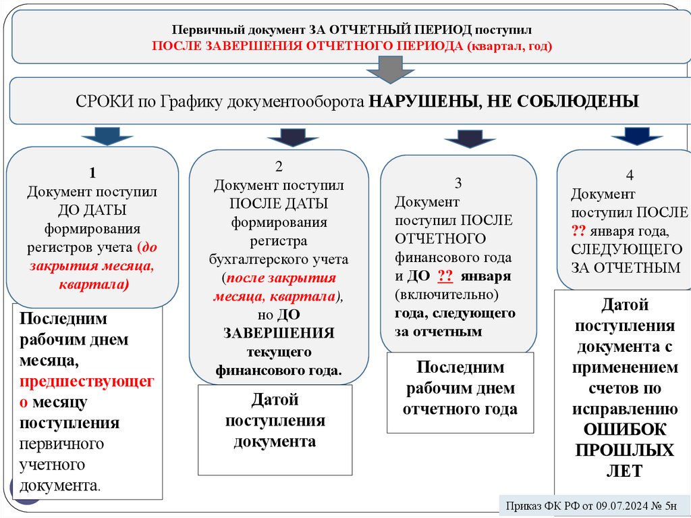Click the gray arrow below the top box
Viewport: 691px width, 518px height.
coord(385,69)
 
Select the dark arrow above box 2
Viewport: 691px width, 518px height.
coord(292,137)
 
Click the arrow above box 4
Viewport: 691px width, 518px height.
coord(636,136)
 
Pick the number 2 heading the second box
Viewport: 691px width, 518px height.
coord(278,167)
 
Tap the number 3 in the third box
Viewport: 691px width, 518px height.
coord(458,183)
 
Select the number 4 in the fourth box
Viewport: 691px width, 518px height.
coord(630,176)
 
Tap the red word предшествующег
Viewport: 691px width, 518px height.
coord(87,382)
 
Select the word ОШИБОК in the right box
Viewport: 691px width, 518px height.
coord(624,430)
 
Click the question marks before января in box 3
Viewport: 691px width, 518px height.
coord(445,277)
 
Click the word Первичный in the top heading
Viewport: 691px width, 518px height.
coord(201,30)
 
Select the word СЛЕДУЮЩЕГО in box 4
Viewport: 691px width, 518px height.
coord(627,249)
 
